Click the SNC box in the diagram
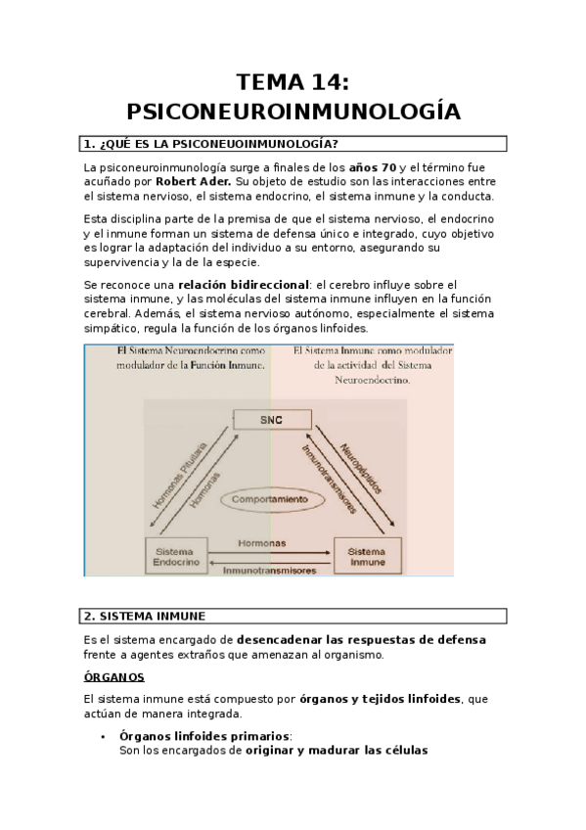[272, 420]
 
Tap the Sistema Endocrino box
[176, 556]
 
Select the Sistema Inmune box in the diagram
[367, 556]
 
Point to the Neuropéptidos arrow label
[361, 469]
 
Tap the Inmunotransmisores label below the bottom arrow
[269, 570]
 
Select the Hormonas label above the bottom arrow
[262, 543]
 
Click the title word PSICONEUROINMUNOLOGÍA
[293, 112]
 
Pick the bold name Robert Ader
[194, 182]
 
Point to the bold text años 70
[373, 167]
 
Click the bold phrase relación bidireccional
[244, 285]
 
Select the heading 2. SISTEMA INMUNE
[145, 617]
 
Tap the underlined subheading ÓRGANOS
[113, 677]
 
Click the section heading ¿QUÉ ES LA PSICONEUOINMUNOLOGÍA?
[218, 144]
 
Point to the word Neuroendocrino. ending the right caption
[373, 380]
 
